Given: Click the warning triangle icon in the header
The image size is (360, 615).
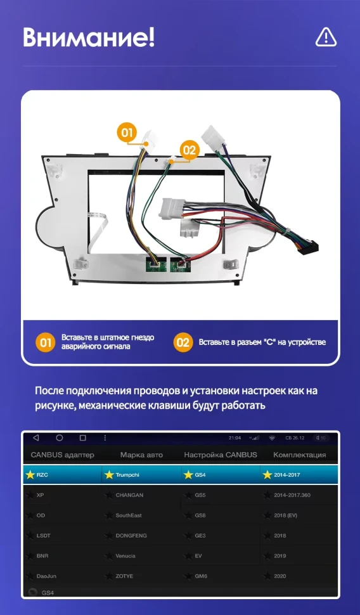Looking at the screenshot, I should coord(326,37).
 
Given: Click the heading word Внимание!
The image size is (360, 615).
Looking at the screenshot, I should coord(89,37).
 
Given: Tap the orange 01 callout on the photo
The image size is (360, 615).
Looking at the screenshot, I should coord(127,133).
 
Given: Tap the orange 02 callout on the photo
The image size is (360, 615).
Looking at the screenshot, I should coord(190,150).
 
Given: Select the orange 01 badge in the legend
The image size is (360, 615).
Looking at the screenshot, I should coord(44,343).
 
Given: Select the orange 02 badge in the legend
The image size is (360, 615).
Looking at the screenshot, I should coord(183,343).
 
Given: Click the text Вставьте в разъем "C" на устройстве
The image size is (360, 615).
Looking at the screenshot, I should coord(262,342).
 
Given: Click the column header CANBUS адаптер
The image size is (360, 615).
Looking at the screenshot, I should coord(62,455).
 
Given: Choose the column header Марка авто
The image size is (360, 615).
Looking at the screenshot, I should coord(141,455).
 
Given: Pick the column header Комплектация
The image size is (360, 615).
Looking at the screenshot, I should coord(299,455).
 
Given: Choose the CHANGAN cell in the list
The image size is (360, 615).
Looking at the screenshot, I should coord(129,495).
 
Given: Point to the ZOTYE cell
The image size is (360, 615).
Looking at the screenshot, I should coord(124,576).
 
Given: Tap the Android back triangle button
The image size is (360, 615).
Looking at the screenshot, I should coord(36,438).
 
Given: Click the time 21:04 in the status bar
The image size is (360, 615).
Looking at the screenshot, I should coord(235,438).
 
